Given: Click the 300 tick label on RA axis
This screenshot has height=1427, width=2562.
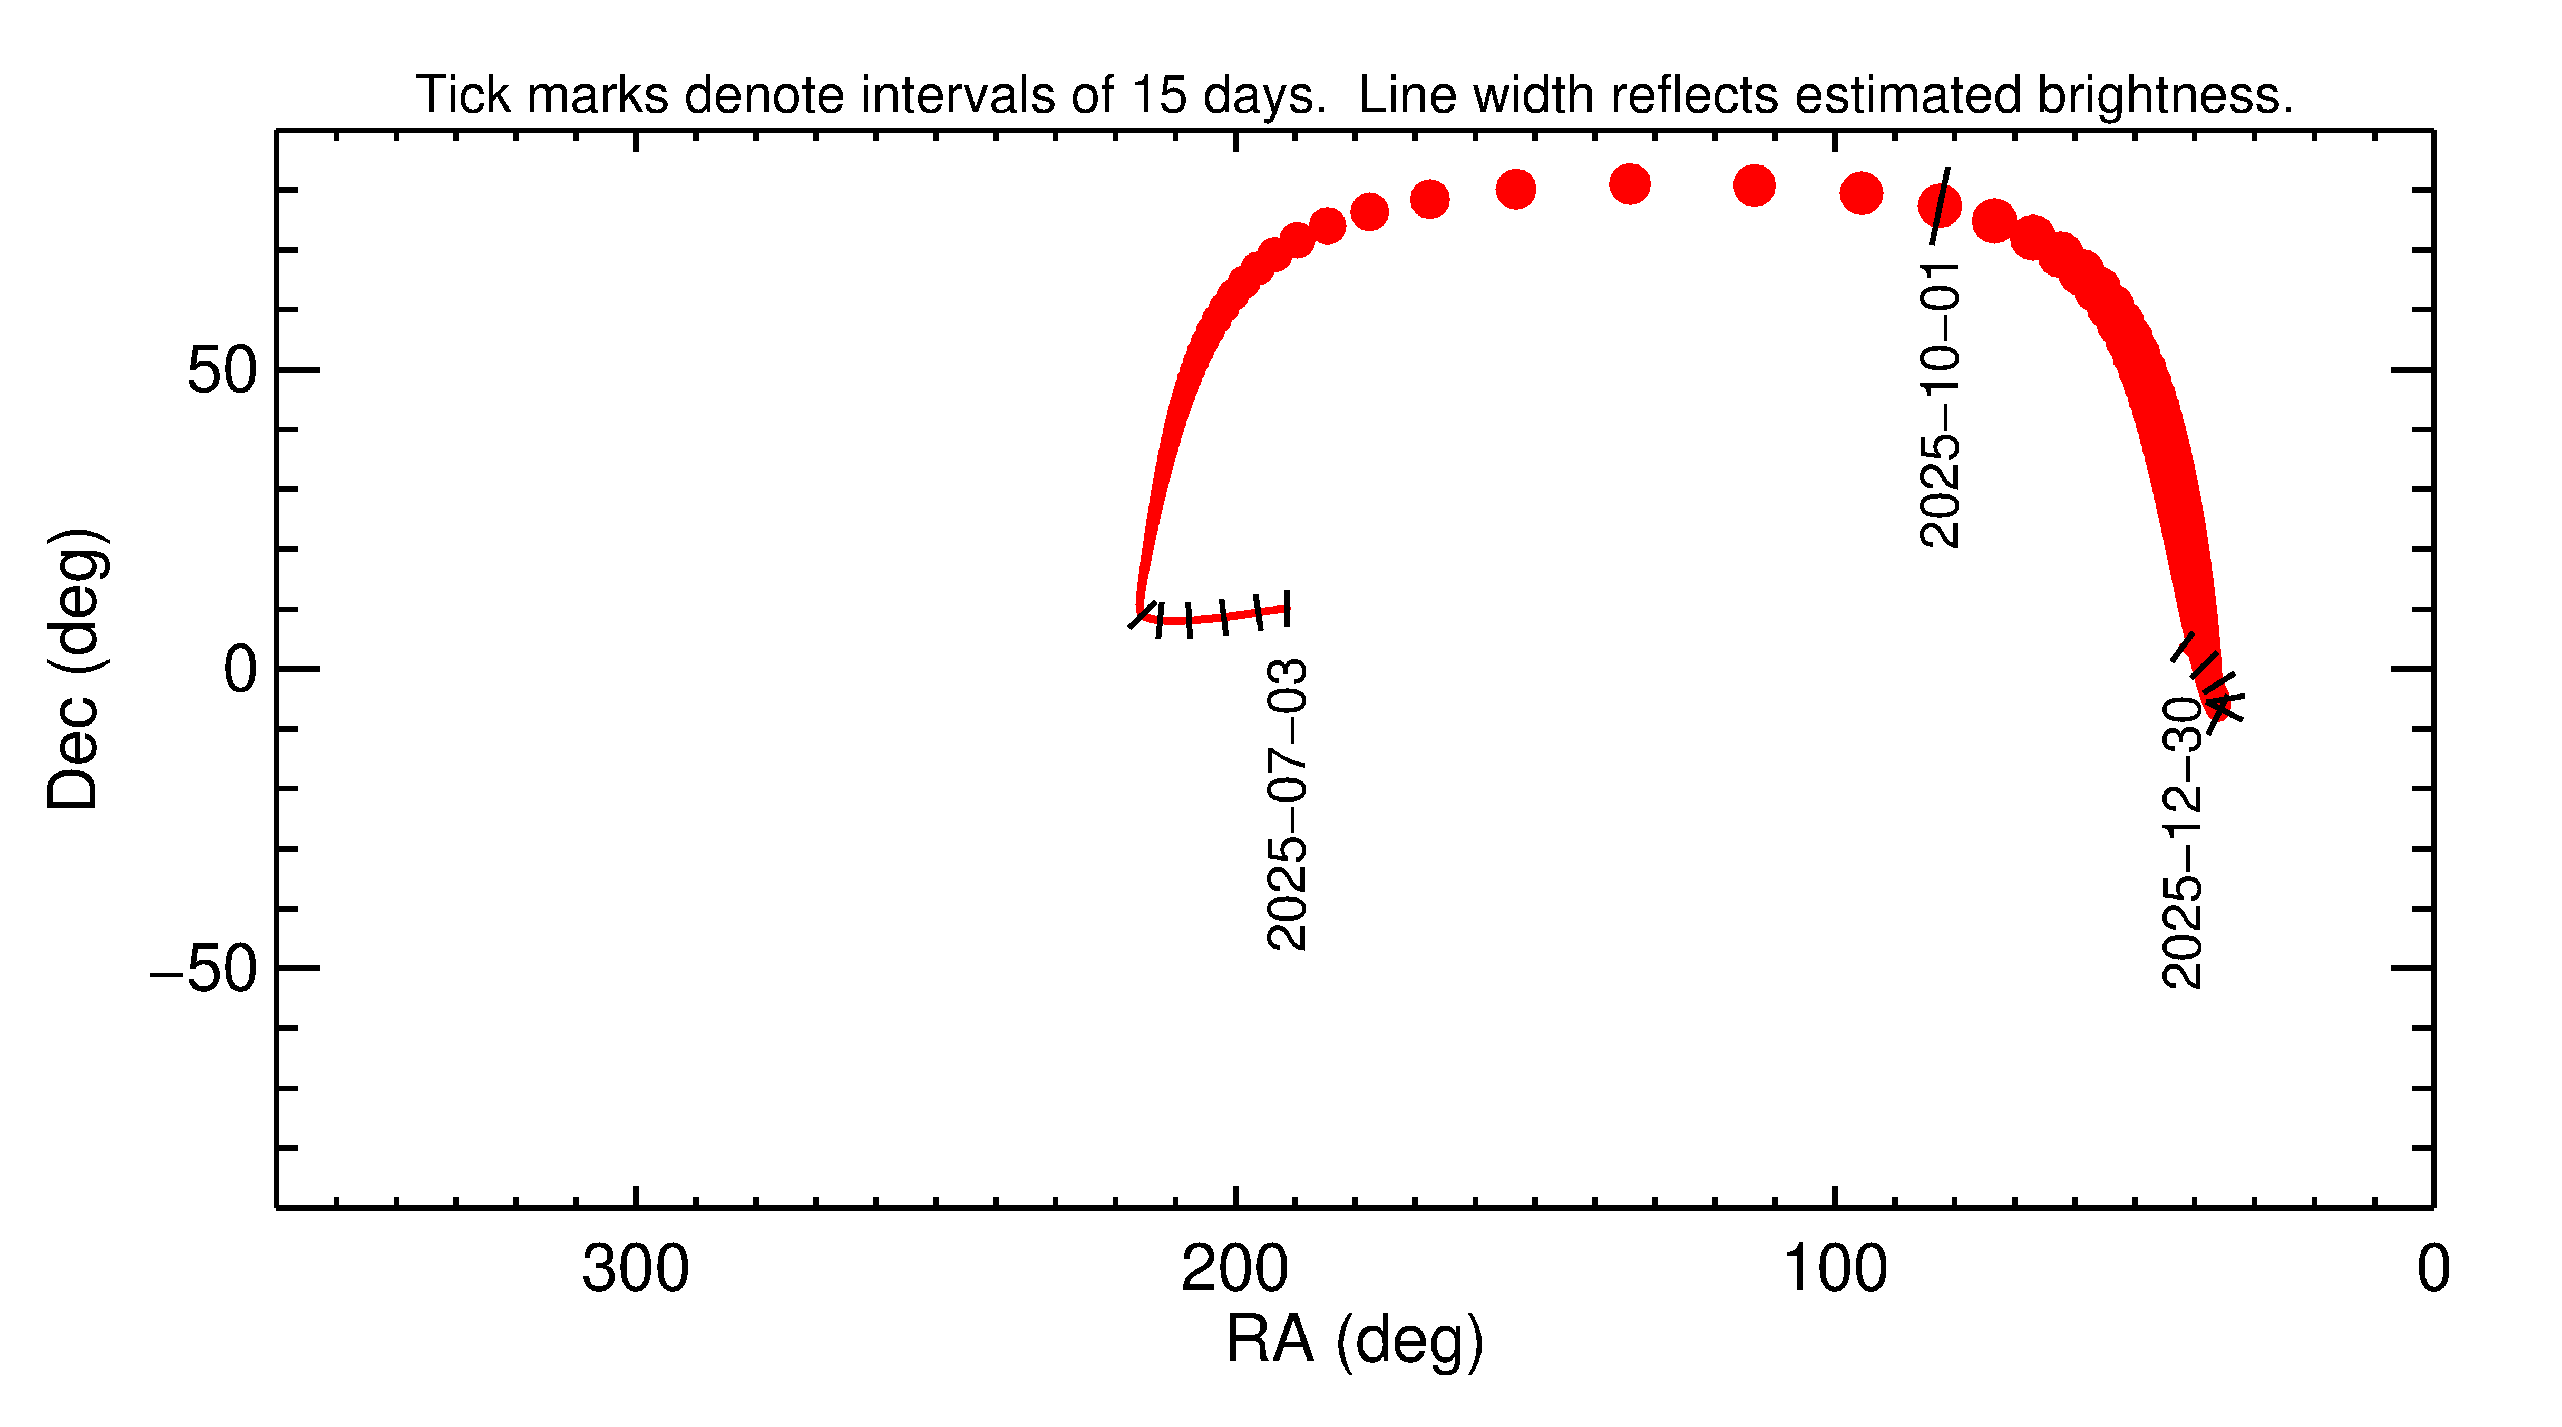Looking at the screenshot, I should coord(636,1270).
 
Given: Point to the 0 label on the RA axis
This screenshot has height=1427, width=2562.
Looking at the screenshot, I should coord(2433,1270).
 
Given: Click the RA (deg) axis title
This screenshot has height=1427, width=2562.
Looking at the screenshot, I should coord(1355,1340).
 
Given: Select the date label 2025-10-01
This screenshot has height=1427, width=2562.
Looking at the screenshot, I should coord(1940,404).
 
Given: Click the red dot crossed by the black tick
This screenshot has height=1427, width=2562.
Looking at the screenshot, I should coord(1940,206).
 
